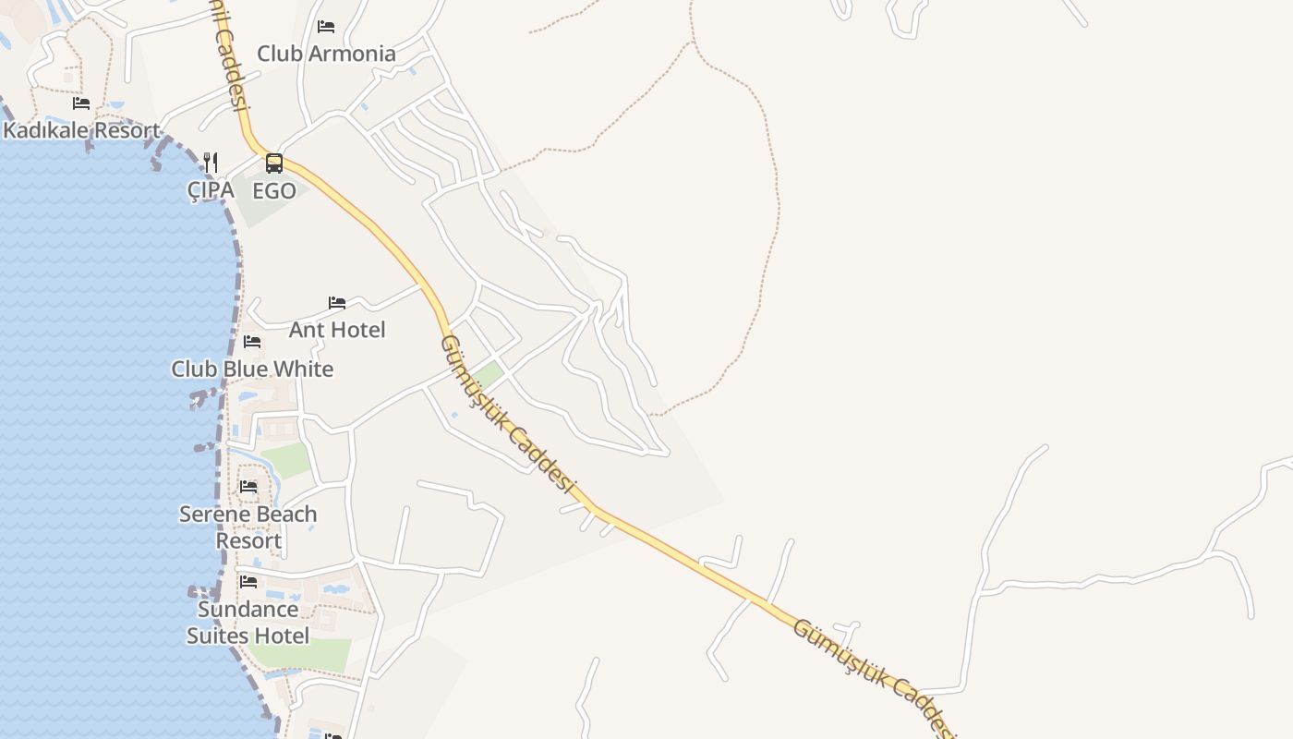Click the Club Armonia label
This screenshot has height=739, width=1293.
point(326,54)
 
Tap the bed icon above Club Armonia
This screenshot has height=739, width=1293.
point(326,27)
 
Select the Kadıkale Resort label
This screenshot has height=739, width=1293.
point(81,130)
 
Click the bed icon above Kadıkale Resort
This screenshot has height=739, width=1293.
point(81,103)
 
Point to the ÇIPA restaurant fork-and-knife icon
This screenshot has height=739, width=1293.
point(211,163)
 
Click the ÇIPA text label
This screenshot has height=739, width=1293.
point(210,190)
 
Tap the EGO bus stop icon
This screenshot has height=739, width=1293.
point(274,164)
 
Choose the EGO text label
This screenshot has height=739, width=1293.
point(274,191)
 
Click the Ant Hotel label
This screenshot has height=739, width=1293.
point(337,330)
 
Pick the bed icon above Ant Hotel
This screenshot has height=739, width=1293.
point(337,303)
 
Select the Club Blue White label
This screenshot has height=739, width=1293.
point(252,369)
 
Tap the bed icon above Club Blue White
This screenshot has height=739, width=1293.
point(252,343)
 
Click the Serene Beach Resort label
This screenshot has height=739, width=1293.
point(248,527)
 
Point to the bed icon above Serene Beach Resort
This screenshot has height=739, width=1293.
point(248,487)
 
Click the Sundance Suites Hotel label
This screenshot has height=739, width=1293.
point(248,623)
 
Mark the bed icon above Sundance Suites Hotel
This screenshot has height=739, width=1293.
point(248,582)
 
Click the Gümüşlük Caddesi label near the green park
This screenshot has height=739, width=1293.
point(507,412)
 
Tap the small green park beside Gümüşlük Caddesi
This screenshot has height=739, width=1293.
point(488,375)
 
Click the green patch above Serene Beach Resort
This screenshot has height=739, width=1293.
point(286,460)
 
